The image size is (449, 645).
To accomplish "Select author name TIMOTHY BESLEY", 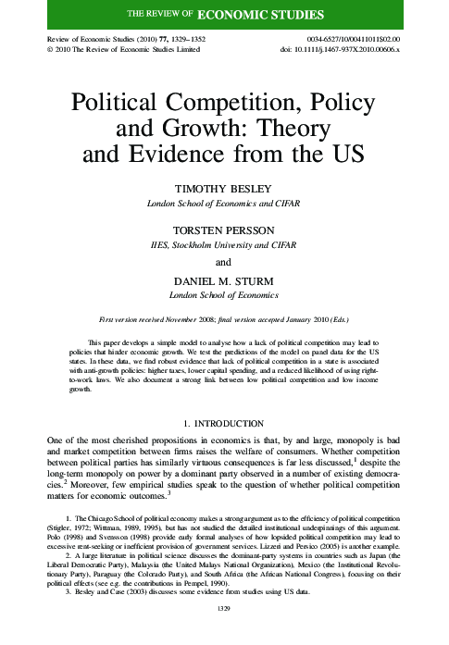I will point(225,187).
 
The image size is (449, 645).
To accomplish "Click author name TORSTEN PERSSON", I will point(225,224).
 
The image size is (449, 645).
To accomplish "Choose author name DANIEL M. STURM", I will point(225,280).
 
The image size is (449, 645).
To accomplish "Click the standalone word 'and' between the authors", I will point(225,262).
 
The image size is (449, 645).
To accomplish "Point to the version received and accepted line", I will point(225,317).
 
